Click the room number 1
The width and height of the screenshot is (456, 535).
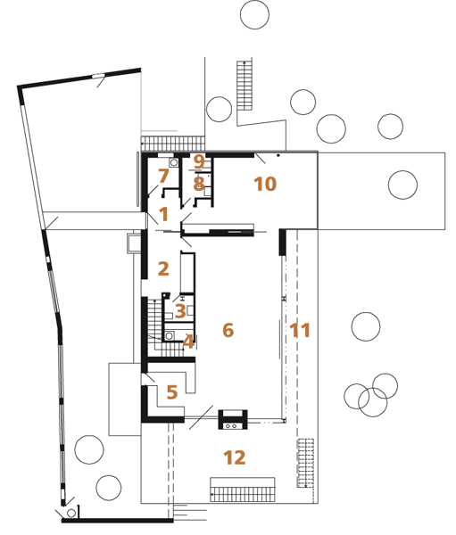point(164,214)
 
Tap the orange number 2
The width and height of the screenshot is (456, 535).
point(163,268)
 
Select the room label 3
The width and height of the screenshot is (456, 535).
point(180,311)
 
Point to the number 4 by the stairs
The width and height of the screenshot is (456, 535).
point(188,342)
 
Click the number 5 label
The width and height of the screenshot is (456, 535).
point(172,392)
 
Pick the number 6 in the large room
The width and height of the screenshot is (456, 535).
point(228,330)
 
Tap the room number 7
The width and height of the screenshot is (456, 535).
point(163,176)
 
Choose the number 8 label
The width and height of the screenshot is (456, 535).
point(199,184)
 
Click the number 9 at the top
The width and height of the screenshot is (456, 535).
point(199,161)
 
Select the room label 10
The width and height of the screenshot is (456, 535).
point(265,184)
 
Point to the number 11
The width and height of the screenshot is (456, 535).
point(300,330)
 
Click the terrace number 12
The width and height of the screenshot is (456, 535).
point(235,457)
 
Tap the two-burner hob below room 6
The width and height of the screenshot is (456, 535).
point(230,426)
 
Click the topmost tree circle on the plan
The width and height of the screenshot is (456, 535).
point(254,14)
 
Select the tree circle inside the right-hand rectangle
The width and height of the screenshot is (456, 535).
point(402,185)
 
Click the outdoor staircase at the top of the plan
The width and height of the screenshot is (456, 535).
point(245,86)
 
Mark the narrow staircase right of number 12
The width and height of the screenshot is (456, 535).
point(305,463)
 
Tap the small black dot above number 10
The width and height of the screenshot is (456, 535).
point(278,155)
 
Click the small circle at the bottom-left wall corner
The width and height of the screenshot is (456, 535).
point(71,513)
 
